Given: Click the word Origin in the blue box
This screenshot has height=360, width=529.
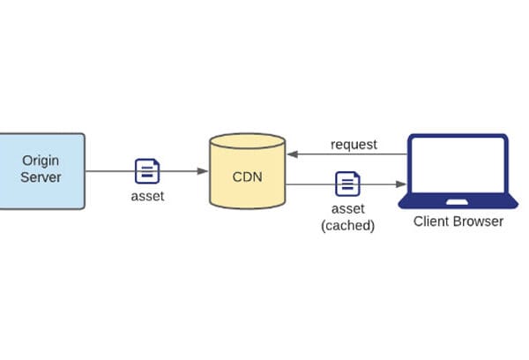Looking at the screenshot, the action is pos(41,161).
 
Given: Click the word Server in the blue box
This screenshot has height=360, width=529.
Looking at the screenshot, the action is pos(41,177).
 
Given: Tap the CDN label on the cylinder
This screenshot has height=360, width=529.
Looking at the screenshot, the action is pos(247,177).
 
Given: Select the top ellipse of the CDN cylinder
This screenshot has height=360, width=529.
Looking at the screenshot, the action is pos(247,141).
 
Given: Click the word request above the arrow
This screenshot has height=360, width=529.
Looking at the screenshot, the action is pos(354,145).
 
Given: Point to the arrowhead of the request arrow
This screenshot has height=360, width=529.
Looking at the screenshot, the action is pos(293,154).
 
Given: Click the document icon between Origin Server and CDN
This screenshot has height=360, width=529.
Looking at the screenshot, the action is pos(147,171).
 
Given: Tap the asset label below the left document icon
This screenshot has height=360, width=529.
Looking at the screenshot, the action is pos(147,196).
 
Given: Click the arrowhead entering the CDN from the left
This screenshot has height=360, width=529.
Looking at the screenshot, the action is pos(203,171).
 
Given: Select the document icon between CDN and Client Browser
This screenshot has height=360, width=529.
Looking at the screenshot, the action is pos(347,184).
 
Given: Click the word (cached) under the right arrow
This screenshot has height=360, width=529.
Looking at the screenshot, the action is pos(348,225).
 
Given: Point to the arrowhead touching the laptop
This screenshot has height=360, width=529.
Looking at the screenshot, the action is pos(401,184).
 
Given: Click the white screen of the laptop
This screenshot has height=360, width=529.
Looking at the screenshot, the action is pos(458,165).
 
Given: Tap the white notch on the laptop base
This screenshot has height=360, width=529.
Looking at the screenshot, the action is pos(457,202).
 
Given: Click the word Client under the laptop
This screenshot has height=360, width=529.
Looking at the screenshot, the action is pos(431,221).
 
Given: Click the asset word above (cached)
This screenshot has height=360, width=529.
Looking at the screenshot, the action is pos(348,209).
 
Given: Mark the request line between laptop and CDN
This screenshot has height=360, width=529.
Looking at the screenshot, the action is pos(347,154).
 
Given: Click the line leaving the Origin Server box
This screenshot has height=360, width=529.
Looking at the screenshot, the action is pos(146,171).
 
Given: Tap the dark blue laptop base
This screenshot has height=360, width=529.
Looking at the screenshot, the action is pos(458,201).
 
